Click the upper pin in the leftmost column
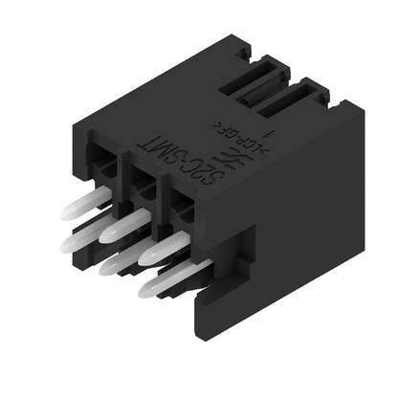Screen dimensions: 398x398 pyautogui.click(x=86, y=203)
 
